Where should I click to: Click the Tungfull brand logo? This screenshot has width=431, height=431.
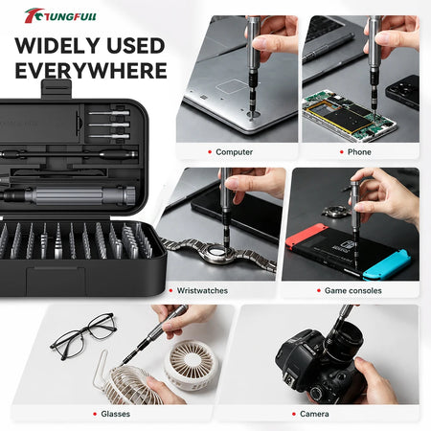pos(60,15)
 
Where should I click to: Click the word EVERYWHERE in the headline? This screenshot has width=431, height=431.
pos(91,71)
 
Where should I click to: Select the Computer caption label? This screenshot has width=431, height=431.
pos(234,152)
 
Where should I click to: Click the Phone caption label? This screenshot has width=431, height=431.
pos(359,152)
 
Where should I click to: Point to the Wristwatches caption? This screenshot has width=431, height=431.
pos(202,290)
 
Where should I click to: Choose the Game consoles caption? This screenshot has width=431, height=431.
pos(353,290)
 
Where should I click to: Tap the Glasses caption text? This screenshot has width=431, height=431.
pos(116,414)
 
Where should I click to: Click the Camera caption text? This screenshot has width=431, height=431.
pos(314,414)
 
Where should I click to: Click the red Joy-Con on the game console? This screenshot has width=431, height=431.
pos(305,236)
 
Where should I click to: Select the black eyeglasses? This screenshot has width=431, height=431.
pos(83,335)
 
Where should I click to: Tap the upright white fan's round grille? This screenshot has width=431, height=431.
pos(192,365)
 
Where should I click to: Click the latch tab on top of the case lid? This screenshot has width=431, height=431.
pos(57,89)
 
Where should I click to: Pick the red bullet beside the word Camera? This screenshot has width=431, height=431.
pos(294,414)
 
